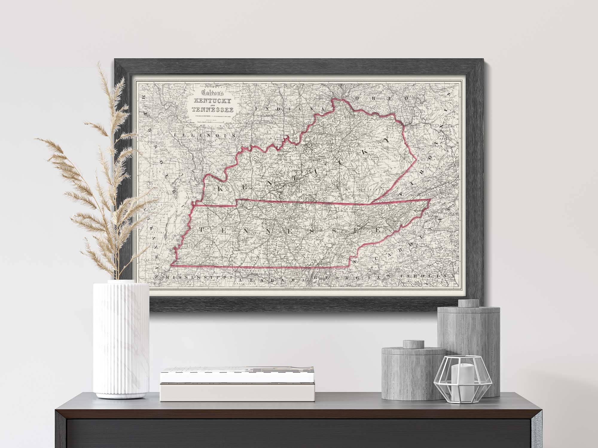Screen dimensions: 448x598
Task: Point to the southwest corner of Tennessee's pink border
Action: [172, 265]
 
